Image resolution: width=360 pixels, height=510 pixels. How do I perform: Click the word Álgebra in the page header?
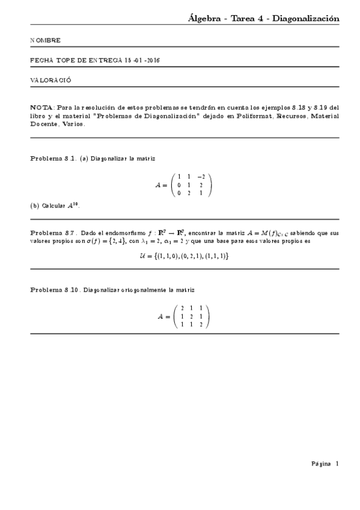click(x=205, y=19)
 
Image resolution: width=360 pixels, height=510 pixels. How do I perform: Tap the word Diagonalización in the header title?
click(x=306, y=19)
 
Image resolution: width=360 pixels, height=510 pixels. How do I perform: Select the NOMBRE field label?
click(x=45, y=40)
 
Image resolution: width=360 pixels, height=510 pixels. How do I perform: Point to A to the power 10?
click(x=73, y=205)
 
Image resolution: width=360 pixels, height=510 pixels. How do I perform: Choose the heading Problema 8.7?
click(x=53, y=232)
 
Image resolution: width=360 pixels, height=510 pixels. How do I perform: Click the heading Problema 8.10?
click(x=55, y=290)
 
